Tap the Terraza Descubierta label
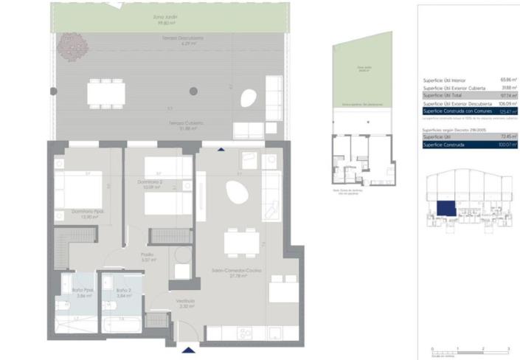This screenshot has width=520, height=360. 182,41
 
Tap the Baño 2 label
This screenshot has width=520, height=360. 123,292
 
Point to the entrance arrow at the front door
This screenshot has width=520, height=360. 189,349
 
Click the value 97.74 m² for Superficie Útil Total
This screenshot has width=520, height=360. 508,96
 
